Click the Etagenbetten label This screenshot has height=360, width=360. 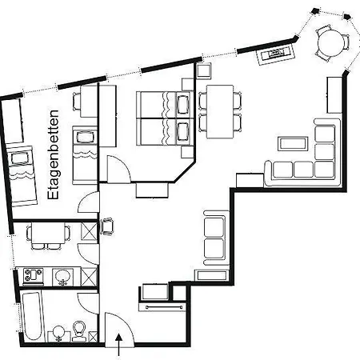tap(53, 154)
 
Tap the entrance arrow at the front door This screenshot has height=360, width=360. tap(119, 345)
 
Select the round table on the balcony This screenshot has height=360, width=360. tap(331, 43)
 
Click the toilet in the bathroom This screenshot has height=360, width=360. tap(79, 331)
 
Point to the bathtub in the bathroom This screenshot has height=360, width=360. tap(32, 316)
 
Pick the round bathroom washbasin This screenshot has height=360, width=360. tap(59, 333)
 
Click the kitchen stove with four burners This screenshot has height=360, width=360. tap(34, 275)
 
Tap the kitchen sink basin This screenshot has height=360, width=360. tap(63, 277)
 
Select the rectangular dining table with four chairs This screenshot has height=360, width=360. tap(220, 111)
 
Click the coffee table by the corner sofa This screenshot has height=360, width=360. tap(293, 143)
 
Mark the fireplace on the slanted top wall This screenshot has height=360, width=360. tap(275, 54)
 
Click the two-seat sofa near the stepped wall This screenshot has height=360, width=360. tap(214, 238)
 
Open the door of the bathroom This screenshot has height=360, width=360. tap(89, 303)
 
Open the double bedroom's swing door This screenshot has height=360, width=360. tap(118, 169)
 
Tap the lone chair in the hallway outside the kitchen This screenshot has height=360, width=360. tap(107, 226)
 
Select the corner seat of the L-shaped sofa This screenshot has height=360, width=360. tap(325, 169)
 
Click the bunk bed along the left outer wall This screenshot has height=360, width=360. tap(22, 176)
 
